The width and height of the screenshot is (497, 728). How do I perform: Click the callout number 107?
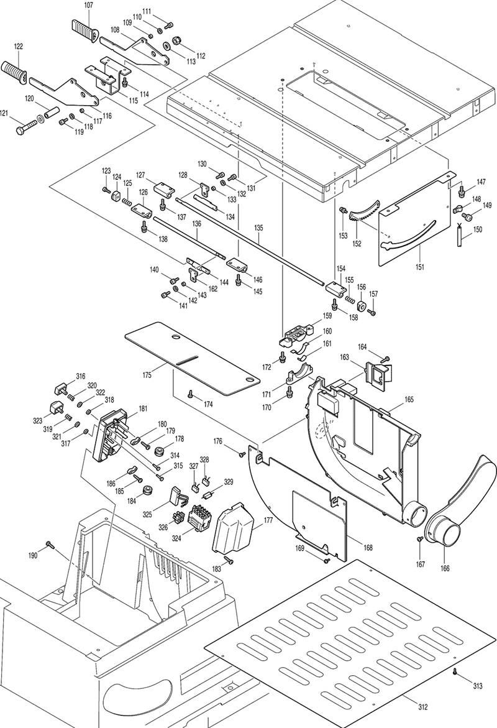pyautogui.click(x=88, y=6)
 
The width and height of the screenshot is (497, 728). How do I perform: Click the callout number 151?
pyautogui.click(x=421, y=267)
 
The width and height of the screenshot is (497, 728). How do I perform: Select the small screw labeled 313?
pyautogui.click(x=455, y=672)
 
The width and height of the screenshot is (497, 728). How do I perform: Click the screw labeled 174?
pyautogui.click(x=191, y=394)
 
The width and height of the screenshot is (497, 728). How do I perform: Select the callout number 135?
pyautogui.click(x=259, y=228)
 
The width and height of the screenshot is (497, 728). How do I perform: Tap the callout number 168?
pyautogui.click(x=368, y=548)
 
